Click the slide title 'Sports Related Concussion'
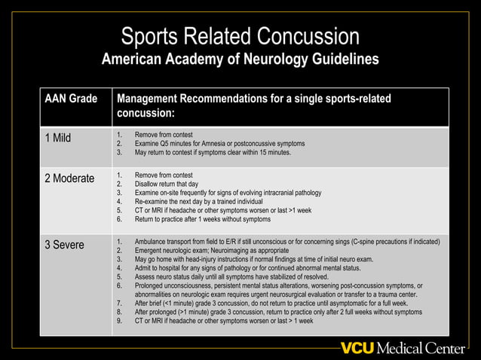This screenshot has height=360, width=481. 240,35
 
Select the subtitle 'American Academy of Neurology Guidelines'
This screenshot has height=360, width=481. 240,59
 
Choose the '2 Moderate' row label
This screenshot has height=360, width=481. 69,178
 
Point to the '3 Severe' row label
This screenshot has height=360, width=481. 65,246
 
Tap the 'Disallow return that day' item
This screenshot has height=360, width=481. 166,183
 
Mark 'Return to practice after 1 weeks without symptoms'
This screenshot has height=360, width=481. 202,219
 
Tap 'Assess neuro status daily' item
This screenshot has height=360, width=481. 229,277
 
